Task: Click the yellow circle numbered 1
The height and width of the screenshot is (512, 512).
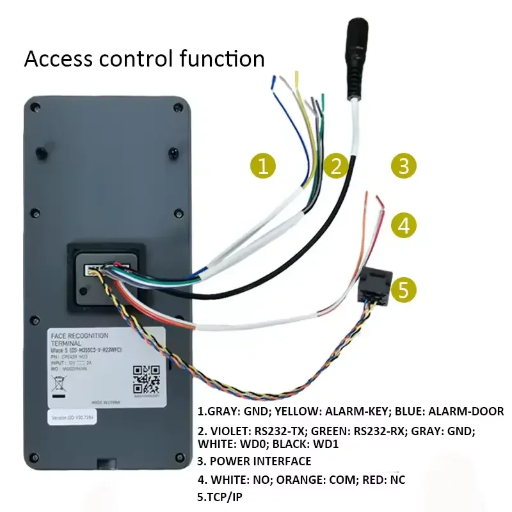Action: [x=262, y=166]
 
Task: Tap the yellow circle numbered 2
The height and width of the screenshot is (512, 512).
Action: [x=336, y=166]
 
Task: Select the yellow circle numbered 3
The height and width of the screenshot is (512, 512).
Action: [x=403, y=166]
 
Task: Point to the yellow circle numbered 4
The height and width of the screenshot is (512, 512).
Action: [x=403, y=225]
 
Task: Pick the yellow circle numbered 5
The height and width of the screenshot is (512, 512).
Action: [x=403, y=289]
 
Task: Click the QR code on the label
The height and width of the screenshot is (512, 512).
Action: [x=146, y=379]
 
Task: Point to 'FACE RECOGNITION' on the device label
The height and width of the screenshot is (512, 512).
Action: [x=79, y=335]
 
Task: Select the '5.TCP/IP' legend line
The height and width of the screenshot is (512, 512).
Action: [x=220, y=497]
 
